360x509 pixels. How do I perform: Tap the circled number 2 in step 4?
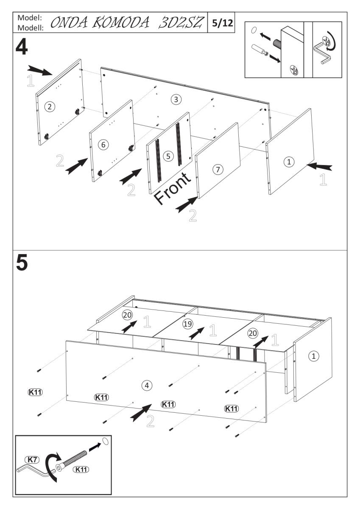coord(50,106)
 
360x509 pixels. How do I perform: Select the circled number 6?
coord(103,144)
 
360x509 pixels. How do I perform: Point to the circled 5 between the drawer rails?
coord(169,156)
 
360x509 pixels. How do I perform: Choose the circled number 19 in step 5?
coord(187,324)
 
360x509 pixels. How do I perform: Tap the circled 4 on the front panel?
coord(147,385)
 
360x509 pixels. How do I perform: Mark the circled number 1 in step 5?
coord(314,356)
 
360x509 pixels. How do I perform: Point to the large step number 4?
coord(22,48)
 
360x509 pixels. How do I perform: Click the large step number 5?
coord(22,263)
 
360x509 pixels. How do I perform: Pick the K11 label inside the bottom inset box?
coord(81,469)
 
